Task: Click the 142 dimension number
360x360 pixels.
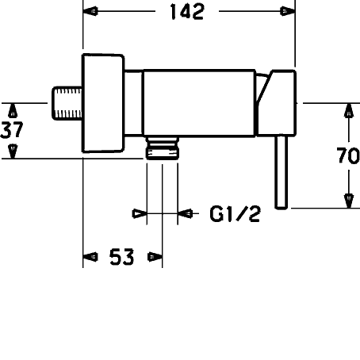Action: (x=187, y=12)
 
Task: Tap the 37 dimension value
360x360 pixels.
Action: (x=12, y=130)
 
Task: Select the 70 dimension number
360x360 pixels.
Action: (x=348, y=155)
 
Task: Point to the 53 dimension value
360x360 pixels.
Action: (x=122, y=257)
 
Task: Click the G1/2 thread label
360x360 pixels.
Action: (x=236, y=214)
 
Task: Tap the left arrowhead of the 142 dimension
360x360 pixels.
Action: (x=90, y=11)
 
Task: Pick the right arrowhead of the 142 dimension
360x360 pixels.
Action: (x=288, y=11)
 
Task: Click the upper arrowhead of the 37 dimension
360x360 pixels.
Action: (x=13, y=110)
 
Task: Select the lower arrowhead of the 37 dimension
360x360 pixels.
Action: (x=13, y=151)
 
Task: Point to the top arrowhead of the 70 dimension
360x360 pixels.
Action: (x=349, y=110)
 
